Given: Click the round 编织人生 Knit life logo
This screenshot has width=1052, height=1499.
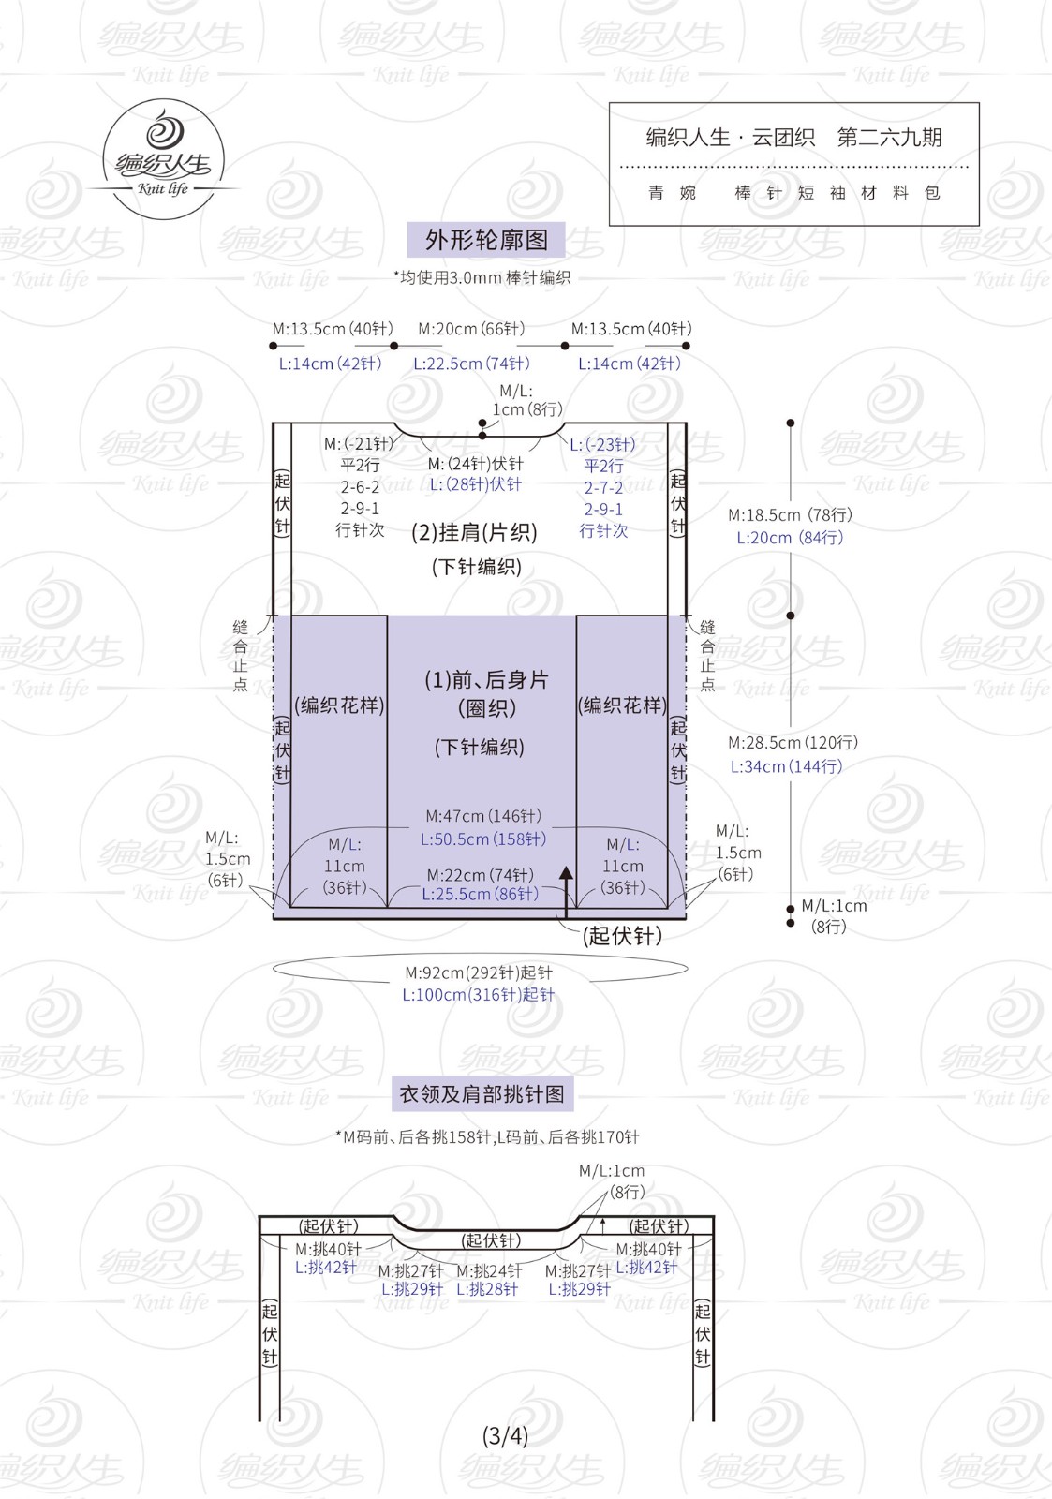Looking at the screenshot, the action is [163, 159].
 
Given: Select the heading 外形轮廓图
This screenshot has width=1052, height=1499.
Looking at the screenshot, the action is [486, 240].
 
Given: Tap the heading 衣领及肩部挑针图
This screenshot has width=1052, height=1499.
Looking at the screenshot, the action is [482, 1094].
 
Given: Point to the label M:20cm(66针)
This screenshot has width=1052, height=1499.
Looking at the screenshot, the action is [471, 329].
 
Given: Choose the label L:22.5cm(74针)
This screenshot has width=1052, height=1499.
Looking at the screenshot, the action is [471, 364].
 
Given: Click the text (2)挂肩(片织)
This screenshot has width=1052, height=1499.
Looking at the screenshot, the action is [474, 532].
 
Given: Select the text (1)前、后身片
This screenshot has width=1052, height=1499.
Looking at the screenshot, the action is [486, 680].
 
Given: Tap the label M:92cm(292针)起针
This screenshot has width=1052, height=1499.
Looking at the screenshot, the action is [479, 972].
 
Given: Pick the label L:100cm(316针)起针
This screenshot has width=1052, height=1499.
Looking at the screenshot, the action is [478, 994].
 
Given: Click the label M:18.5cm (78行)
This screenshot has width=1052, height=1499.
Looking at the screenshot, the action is [791, 514].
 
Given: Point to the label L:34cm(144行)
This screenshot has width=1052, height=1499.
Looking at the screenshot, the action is [786, 766].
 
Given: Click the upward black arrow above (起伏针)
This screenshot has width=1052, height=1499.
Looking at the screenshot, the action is [566, 892].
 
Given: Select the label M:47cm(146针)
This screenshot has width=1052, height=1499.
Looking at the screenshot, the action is [483, 816].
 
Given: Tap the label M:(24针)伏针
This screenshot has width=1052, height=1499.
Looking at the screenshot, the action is [475, 464].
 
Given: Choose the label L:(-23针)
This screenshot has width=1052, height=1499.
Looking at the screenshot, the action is [602, 444].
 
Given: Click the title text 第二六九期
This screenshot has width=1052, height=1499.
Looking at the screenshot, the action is [889, 137].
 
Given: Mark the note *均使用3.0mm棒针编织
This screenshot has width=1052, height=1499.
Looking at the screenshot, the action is [482, 277].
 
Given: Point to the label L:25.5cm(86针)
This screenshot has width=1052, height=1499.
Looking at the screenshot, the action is [480, 894].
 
